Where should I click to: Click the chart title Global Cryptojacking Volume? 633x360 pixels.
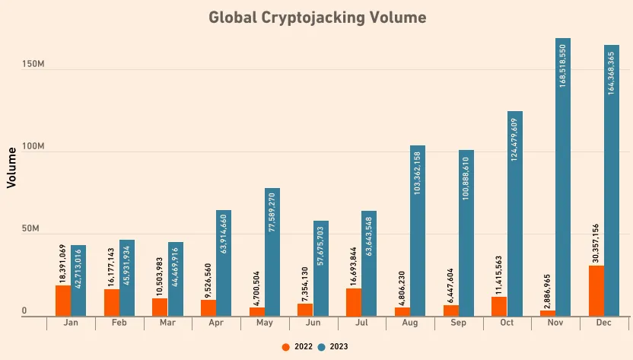317,17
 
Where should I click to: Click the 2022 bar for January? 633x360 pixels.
63,301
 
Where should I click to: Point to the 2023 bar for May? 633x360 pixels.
272,252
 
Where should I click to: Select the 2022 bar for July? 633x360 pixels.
354,302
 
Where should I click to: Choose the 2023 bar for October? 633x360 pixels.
514,214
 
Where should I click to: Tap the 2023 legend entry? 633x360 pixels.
333,346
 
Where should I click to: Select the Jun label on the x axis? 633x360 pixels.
313,323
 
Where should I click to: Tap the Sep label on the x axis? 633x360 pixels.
459,323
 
